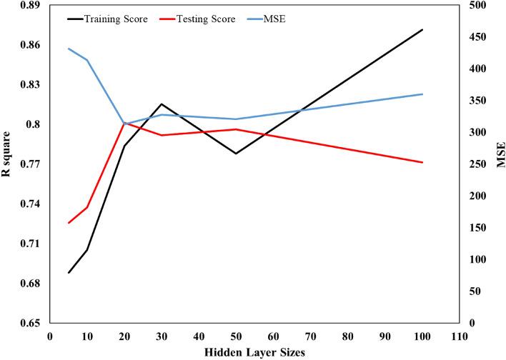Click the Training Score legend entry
pos(115,19)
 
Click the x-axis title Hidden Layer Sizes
pos(254,351)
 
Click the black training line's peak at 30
pos(162,104)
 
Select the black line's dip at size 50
pos(236,154)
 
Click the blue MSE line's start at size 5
pos(69,49)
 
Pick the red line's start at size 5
pos(69,223)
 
